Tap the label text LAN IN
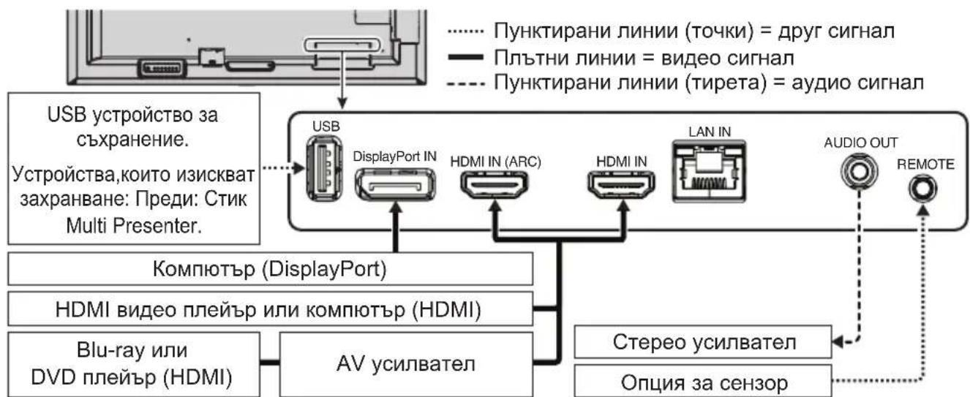coord(705,131)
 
